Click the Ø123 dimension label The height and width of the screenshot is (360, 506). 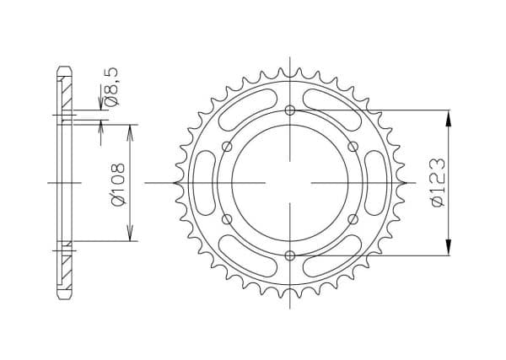439,183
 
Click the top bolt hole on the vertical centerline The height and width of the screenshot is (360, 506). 290,110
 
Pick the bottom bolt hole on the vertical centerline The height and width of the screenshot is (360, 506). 290,255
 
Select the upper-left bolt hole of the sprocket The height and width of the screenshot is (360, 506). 228,147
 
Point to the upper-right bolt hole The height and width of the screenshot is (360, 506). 353,147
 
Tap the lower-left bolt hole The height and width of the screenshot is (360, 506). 228,219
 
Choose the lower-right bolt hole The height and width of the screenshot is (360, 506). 353,219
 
